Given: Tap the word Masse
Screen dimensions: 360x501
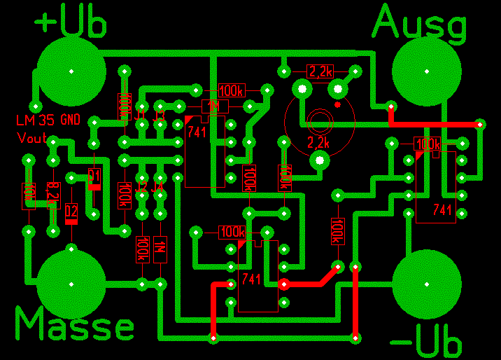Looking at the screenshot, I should (74, 326).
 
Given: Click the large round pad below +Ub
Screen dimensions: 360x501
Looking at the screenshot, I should (71, 71).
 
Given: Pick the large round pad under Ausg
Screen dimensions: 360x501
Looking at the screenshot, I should (427, 71).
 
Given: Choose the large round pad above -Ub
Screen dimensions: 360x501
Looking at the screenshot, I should (427, 284).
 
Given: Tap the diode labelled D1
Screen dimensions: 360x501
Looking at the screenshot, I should (94, 181).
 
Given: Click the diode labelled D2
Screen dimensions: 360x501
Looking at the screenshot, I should (71, 213).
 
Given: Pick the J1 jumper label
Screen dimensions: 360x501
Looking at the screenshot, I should (141, 115).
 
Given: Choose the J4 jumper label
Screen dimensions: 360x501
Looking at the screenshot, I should (159, 188).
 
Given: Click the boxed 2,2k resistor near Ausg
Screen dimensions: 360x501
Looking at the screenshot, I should (320, 71).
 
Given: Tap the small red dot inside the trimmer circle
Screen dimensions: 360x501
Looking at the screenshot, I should (337, 105).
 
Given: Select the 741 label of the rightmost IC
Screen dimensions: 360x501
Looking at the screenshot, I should (442, 209).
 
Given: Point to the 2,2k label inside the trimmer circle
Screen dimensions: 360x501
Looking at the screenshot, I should (318, 142).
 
